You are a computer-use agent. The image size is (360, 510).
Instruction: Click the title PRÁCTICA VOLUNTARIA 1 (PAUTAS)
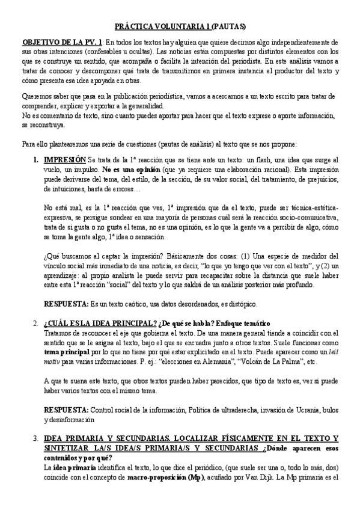(x=180, y=26)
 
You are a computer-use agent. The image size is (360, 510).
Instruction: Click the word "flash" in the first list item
(x=272, y=160)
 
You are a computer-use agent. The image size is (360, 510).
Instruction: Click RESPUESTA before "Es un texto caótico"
(x=67, y=303)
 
